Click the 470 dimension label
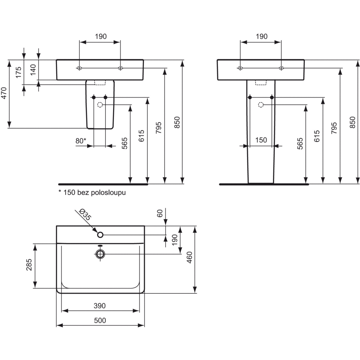[x=4, y=93]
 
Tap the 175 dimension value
[x=19, y=72]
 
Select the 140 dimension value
[x=33, y=70]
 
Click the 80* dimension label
[x=81, y=141]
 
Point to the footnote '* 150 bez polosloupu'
[x=92, y=192]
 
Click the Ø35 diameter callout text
[x=85, y=214]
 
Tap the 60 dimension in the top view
[x=160, y=213]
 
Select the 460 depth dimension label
[x=189, y=257]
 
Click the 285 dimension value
[x=29, y=265]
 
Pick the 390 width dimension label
[x=99, y=306]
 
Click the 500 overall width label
[x=100, y=320]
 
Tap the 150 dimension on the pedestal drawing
[x=261, y=140]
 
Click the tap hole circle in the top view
[x=100, y=234]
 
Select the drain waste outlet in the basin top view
[x=100, y=254]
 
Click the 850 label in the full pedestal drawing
[x=353, y=122]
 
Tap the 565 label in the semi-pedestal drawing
[x=125, y=143]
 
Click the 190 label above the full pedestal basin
[x=262, y=36]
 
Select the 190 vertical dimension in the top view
[x=175, y=240]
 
